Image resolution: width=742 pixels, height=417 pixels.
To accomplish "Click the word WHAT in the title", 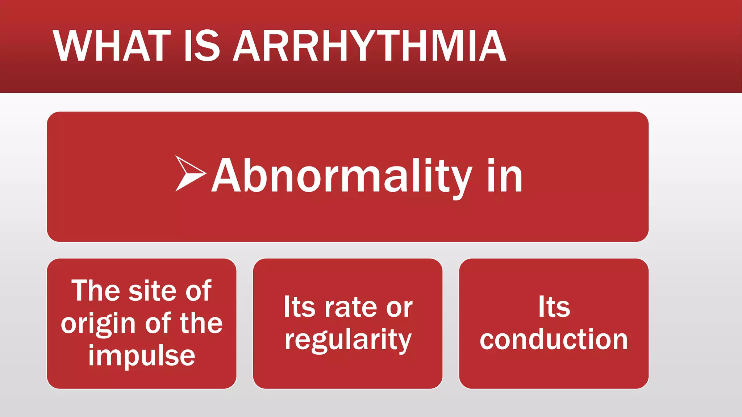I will (112, 46).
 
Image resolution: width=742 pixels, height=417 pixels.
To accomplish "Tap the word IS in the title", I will (201, 46).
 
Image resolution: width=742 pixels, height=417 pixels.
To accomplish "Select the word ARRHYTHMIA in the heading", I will (369, 46).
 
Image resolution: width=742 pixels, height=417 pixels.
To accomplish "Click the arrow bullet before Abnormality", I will (189, 173).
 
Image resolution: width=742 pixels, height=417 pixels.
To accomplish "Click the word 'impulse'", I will (142, 356).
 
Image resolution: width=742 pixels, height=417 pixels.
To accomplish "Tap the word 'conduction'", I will (554, 340).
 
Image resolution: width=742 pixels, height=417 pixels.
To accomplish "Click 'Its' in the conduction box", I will (554, 307).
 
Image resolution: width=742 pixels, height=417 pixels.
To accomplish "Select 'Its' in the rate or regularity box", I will (299, 307).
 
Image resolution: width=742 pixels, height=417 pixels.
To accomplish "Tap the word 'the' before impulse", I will (201, 323).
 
